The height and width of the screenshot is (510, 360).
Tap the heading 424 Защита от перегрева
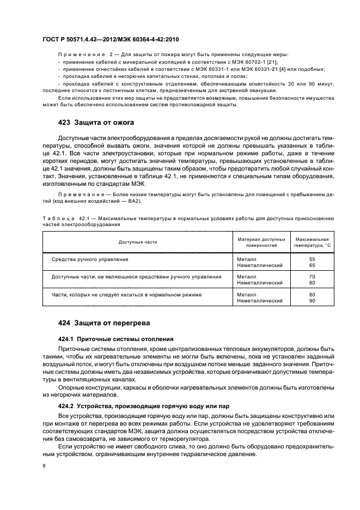[103, 323]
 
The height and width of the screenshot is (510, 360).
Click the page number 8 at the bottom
[44, 465]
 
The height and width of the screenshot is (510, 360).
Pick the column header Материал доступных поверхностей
[261, 242]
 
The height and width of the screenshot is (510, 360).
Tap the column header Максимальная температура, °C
[312, 242]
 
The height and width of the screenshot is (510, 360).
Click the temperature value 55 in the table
[312, 259]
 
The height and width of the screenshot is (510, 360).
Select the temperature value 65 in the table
[312, 265]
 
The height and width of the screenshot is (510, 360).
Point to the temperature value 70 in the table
[312, 277]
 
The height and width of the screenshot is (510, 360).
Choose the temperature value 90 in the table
[312, 300]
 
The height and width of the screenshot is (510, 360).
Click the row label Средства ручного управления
[90, 259]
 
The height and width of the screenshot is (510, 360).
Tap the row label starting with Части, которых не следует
[126, 294]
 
